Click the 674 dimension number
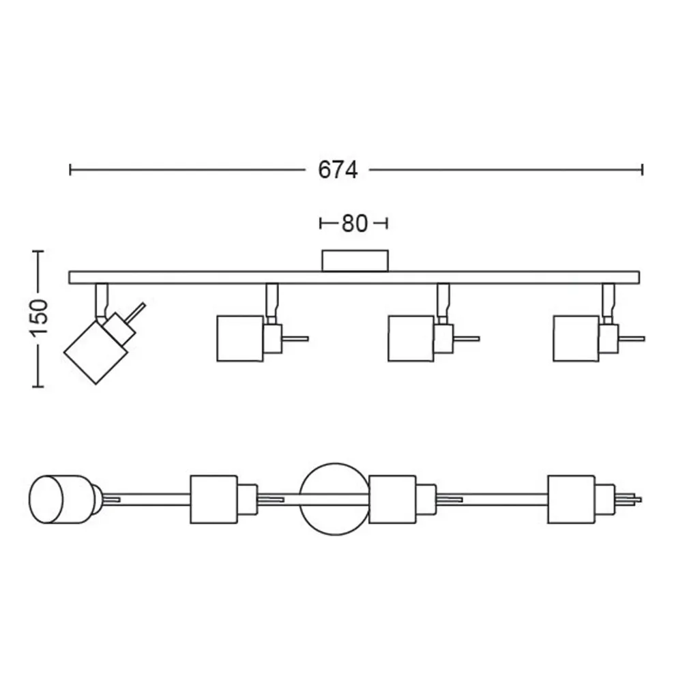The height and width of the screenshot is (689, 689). pos(338,170)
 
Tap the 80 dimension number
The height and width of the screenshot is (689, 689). pos(354,223)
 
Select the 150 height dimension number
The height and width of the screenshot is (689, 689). pos(39,317)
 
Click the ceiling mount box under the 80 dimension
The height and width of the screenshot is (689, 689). pos(355,260)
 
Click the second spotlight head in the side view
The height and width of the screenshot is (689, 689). pos(240,337)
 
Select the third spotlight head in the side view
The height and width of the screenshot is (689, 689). pos(411,337)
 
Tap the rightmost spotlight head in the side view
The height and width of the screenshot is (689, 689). pos(577,337)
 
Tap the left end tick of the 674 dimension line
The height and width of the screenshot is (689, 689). pos(70,169)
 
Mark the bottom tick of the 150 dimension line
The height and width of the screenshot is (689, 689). pos(38,386)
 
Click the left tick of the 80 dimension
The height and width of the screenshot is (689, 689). pos(321,222)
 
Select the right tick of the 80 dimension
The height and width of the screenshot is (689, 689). pos(387,222)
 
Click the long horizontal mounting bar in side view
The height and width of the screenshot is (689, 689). pos(205,277)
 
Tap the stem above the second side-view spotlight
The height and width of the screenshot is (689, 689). pos(272,297)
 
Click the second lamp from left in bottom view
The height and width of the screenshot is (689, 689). pos(213,499)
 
